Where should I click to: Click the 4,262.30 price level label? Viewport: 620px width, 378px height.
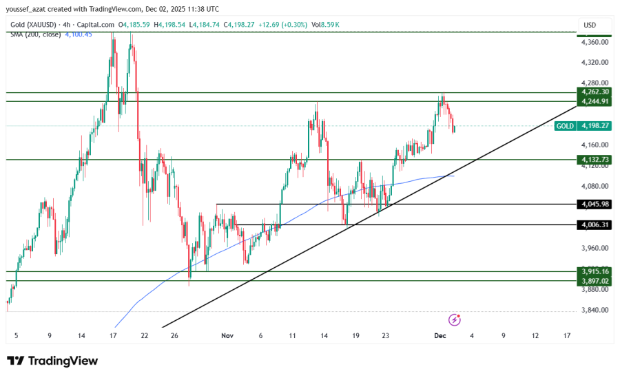tap(595, 92)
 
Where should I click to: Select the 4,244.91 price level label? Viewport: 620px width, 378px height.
tap(595, 101)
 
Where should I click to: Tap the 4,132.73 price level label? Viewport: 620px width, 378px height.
tap(595, 159)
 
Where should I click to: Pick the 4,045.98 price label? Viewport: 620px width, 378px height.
tap(595, 204)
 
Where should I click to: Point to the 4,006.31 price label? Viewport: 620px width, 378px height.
tap(595, 224)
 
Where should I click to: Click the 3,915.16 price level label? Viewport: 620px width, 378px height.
tap(595, 271)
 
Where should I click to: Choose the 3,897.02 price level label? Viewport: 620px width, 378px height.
tap(595, 281)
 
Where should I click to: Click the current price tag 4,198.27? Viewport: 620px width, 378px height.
tap(595, 126)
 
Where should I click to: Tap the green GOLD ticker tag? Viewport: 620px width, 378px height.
tap(565, 126)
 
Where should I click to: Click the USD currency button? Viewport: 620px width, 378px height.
tap(590, 25)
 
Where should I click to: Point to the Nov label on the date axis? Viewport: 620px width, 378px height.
tap(227, 335)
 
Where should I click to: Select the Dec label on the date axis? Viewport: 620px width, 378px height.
tap(440, 335)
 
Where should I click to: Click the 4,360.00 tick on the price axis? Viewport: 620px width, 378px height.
tap(595, 42)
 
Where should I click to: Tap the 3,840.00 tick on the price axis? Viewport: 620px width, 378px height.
tap(595, 310)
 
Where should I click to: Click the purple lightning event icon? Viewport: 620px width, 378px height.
tap(454, 319)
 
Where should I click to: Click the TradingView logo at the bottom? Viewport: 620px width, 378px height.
tap(52, 361)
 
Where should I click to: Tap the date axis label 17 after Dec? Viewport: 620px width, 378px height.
tap(566, 335)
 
